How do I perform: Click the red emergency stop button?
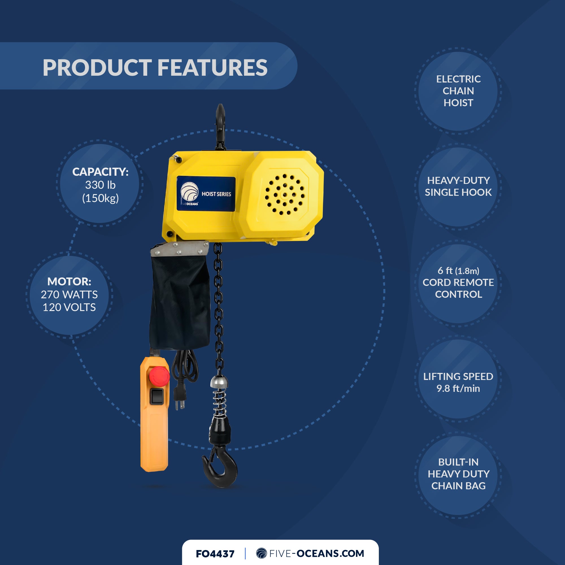click(159, 375)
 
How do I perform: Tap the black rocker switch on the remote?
click(157, 396)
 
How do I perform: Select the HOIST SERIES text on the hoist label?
click(216, 194)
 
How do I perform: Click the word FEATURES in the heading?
click(212, 68)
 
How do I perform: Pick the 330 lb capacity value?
click(100, 185)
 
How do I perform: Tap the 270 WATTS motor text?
click(69, 294)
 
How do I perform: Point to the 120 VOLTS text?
click(69, 307)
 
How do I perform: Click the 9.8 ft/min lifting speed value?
click(458, 388)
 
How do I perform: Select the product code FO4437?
click(215, 554)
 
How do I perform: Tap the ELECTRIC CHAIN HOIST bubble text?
click(458, 91)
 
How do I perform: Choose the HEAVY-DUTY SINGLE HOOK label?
click(458, 186)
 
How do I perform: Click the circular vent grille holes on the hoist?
click(284, 194)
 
